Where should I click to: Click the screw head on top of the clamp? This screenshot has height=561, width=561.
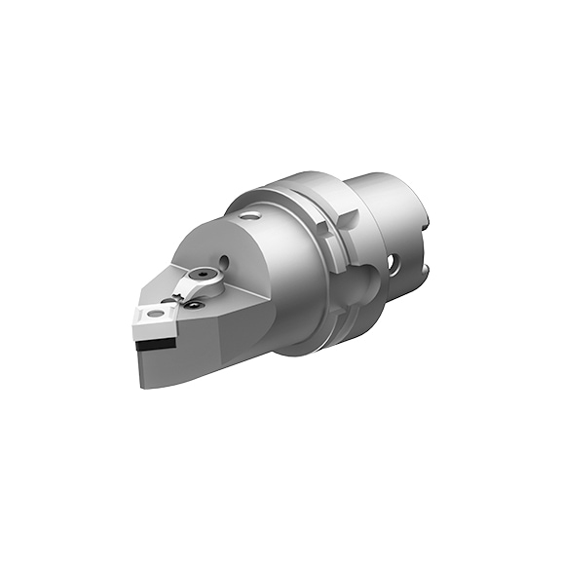coord(208,275)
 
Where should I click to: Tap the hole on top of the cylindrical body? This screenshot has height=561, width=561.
coord(251,216)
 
